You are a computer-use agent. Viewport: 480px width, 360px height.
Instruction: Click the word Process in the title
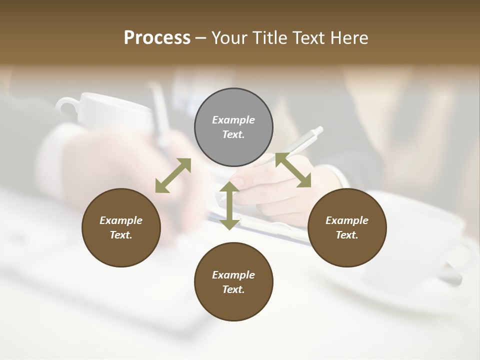pyautogui.click(x=157, y=38)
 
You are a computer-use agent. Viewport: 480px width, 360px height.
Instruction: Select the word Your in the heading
pyautogui.click(x=230, y=38)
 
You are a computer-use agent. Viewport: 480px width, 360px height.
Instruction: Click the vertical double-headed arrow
pyautogui.click(x=229, y=205)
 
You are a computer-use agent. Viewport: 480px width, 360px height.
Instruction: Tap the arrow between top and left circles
pyautogui.click(x=173, y=175)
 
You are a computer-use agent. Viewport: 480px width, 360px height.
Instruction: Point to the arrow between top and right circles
pyautogui.click(x=293, y=170)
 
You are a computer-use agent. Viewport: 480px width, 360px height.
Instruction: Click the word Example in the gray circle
pyautogui.click(x=233, y=120)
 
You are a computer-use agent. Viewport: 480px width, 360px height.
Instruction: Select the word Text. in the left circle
pyautogui.click(x=121, y=235)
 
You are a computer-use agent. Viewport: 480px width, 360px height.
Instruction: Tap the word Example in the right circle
pyautogui.click(x=347, y=220)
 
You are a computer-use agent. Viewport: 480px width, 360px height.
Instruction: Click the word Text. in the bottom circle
pyautogui.click(x=233, y=289)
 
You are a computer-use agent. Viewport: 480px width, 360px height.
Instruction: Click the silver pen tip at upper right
pyautogui.click(x=318, y=130)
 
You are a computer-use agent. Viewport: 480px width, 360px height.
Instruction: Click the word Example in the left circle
pyautogui.click(x=121, y=220)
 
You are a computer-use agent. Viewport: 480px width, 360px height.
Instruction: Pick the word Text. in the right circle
pyautogui.click(x=347, y=235)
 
